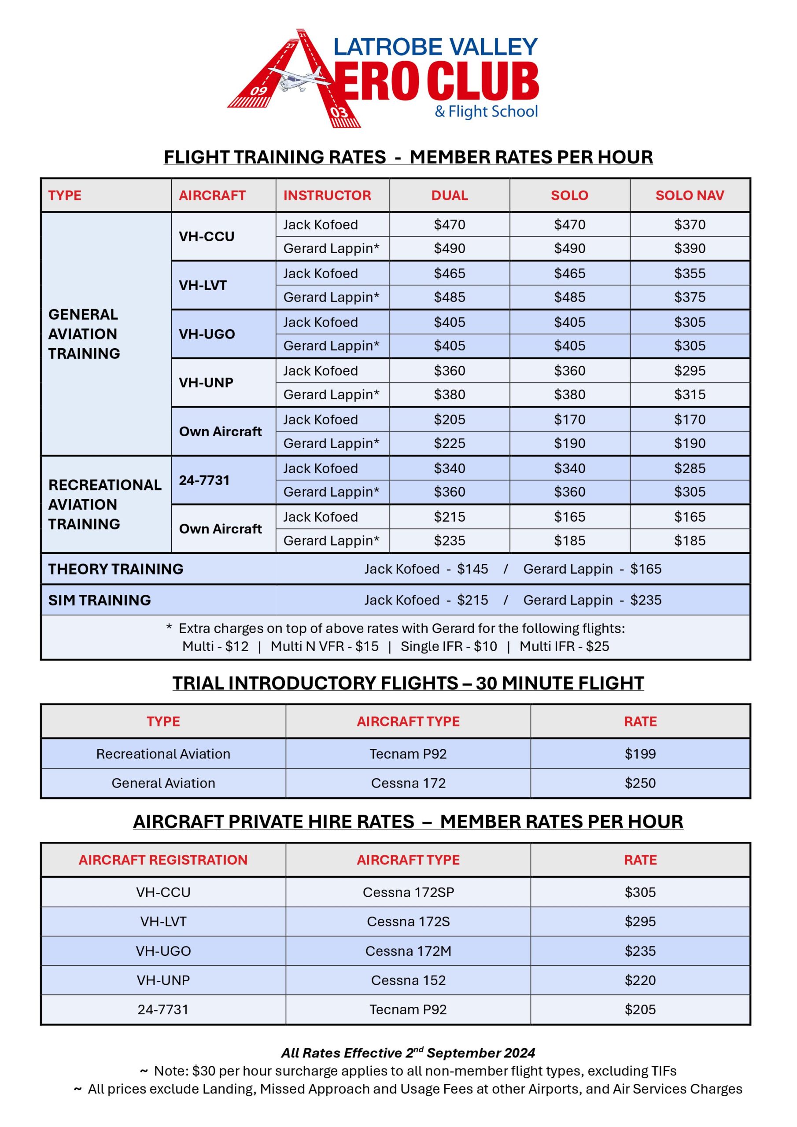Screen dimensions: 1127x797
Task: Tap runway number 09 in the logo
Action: point(258,91)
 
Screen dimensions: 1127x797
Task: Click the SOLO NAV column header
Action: point(690,195)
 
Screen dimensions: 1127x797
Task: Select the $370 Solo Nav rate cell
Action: point(690,225)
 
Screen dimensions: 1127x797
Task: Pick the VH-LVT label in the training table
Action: point(203,285)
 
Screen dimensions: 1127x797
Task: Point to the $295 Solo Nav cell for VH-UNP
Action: point(690,371)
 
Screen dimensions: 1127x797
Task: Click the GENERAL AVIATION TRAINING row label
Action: point(84,334)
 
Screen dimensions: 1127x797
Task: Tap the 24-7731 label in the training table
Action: point(204,480)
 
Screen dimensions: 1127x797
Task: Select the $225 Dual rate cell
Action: point(449,443)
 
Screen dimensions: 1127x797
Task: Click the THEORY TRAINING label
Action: point(116,569)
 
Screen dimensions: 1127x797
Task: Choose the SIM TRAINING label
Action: point(100,600)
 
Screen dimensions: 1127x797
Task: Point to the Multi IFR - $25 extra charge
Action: point(564,646)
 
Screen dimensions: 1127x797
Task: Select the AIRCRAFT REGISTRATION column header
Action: point(163,859)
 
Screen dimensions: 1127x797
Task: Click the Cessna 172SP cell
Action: point(408,892)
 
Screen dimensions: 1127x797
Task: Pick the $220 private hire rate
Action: point(640,980)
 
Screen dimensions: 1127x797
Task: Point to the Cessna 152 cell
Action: point(408,980)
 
